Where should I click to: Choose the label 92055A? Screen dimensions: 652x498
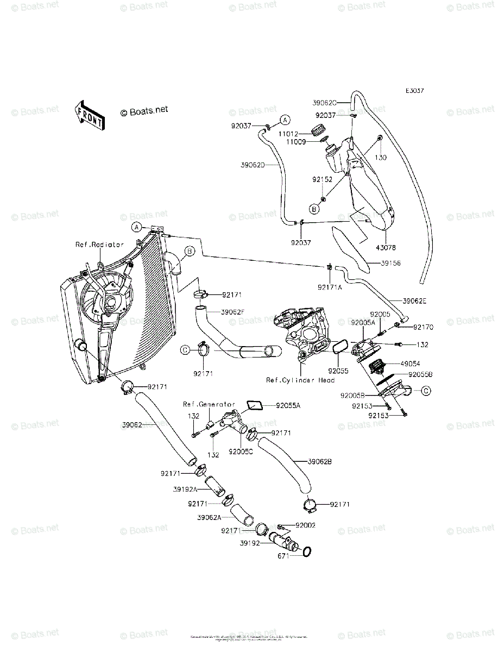(287, 405)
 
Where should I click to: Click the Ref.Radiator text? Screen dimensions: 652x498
(99, 244)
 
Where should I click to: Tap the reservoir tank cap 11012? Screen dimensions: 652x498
(317, 130)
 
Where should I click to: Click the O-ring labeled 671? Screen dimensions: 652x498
(306, 552)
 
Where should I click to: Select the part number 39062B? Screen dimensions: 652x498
(320, 461)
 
